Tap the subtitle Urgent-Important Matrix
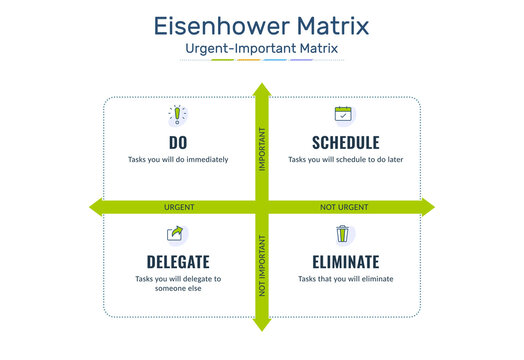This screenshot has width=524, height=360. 261,48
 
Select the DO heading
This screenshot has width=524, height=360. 178,142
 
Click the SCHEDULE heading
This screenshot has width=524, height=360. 345,142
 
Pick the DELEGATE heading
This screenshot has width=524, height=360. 178,262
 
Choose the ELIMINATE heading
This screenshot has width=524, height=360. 345,262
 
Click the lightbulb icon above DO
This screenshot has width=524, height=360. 178,115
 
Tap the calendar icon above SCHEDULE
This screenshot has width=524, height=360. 344,115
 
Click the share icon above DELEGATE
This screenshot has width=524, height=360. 177,235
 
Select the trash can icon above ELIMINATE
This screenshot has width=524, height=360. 344,235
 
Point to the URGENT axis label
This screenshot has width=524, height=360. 179,207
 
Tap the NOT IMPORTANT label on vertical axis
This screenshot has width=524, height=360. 262,266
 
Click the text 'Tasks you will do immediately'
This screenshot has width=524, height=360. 178,159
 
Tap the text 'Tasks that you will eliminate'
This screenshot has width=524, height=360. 345,279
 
